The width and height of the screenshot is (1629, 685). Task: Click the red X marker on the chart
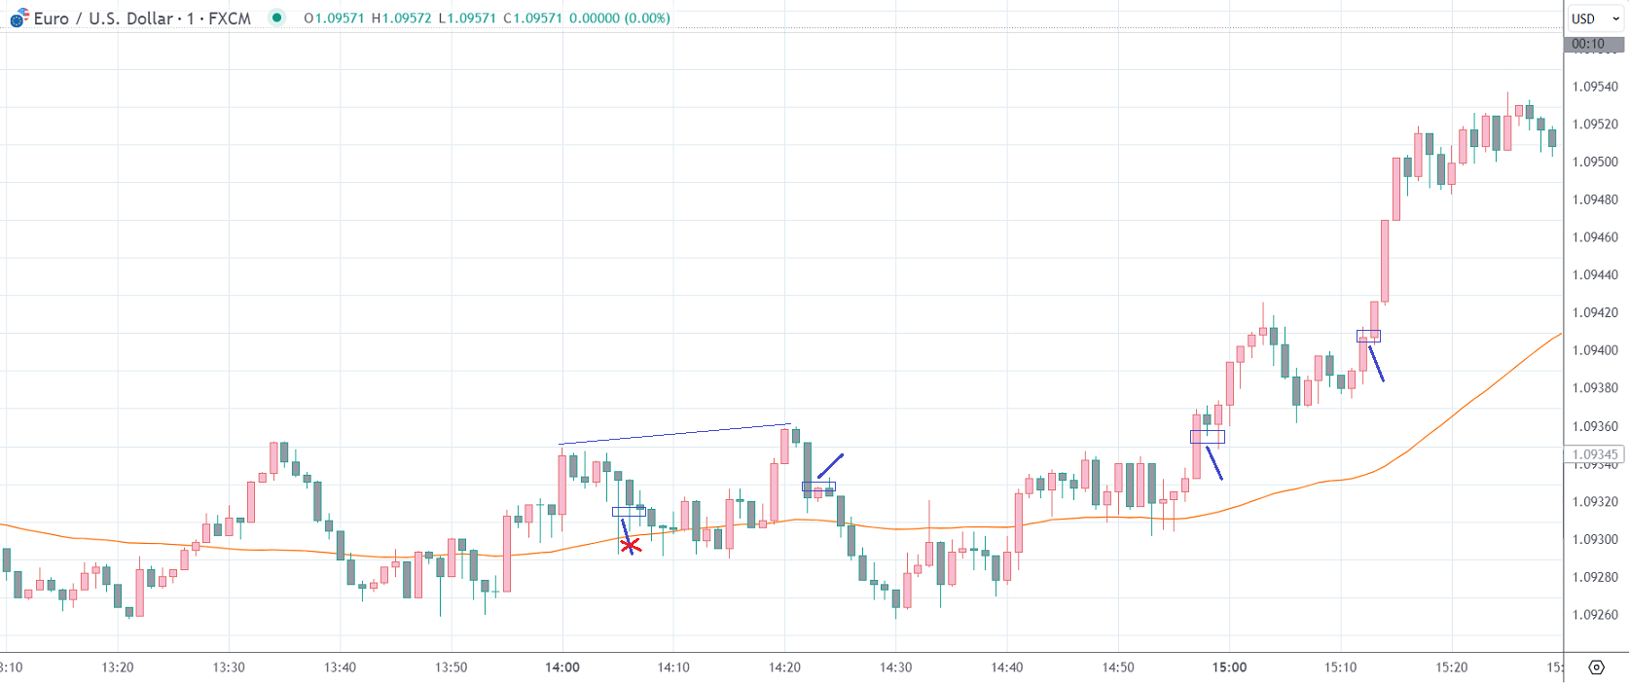pos(631,546)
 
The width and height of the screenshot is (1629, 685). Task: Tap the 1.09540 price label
pos(1595,87)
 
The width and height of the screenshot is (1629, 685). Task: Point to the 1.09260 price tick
pos(1595,615)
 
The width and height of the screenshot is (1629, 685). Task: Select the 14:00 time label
pos(562,667)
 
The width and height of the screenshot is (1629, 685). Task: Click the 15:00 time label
pos(1229,667)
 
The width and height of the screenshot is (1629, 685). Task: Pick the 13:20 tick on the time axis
pos(118,667)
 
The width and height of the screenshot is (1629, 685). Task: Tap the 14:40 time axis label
pos(1007,667)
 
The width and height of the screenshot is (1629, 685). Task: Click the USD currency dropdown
pos(1595,18)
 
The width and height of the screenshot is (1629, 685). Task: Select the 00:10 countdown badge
pos(1588,44)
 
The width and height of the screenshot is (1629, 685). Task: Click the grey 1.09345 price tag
pos(1594,454)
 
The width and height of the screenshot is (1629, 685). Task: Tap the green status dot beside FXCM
pos(277,18)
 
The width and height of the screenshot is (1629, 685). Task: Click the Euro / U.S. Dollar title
pos(103,18)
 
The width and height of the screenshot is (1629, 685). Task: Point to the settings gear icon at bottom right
pos(1596,667)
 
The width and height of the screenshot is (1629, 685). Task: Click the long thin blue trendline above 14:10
pos(674,434)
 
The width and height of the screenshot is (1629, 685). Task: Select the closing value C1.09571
pos(532,18)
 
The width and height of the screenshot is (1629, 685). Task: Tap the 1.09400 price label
pos(1595,350)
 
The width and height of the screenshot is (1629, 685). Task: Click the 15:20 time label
pos(1452,667)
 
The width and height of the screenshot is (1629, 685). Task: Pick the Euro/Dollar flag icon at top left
pos(18,18)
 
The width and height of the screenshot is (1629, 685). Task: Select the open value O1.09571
pos(333,18)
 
